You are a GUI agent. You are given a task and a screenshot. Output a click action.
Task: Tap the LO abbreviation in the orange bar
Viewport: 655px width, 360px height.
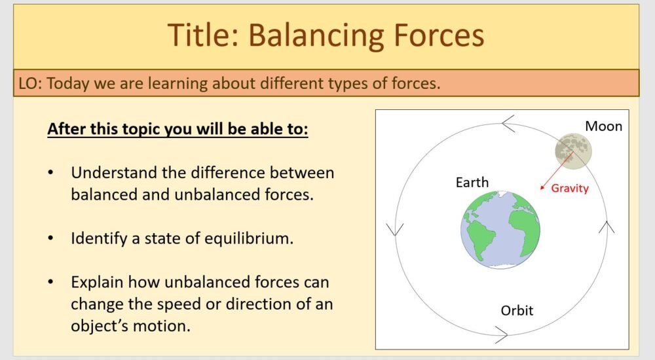click(28, 83)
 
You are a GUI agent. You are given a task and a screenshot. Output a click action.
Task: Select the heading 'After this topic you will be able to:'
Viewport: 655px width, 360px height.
click(178, 128)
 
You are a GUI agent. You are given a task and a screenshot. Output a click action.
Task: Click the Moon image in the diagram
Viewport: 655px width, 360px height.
click(574, 150)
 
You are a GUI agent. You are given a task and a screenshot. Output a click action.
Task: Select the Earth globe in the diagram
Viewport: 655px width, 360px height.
click(500, 230)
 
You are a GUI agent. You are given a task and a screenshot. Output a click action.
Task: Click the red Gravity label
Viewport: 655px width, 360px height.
click(569, 189)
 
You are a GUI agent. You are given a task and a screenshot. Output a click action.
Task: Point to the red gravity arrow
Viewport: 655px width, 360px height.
click(557, 171)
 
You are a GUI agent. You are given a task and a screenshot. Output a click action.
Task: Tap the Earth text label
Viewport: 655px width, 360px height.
click(472, 183)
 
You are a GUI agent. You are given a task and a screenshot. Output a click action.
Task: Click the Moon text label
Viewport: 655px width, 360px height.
click(603, 126)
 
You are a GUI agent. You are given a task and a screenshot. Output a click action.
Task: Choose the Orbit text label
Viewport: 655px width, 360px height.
click(517, 310)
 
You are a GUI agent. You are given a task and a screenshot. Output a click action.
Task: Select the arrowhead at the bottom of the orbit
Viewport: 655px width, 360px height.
click(502, 336)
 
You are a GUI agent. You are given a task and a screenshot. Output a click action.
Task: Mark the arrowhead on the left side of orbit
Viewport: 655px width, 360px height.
click(395, 229)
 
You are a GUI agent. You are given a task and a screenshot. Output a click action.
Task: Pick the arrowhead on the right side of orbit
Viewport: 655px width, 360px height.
click(607, 228)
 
